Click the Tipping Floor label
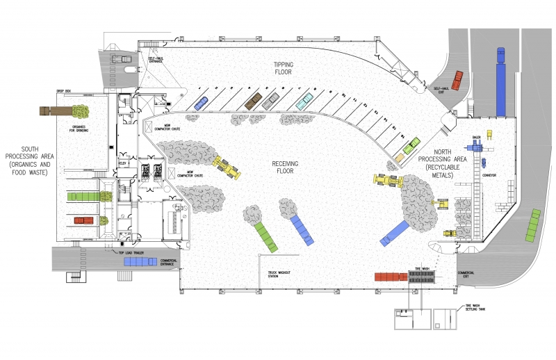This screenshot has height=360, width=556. coord(282,67)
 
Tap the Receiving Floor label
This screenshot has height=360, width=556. coord(285,167)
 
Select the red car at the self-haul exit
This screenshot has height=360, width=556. coord(457,80)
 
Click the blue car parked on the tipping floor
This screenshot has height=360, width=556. coord(200,103)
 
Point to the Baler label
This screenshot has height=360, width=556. coord(477,138)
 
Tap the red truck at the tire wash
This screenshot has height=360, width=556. coord(390,277)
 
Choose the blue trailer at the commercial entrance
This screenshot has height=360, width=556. coord(140,262)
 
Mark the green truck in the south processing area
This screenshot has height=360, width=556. coord(84,197)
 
